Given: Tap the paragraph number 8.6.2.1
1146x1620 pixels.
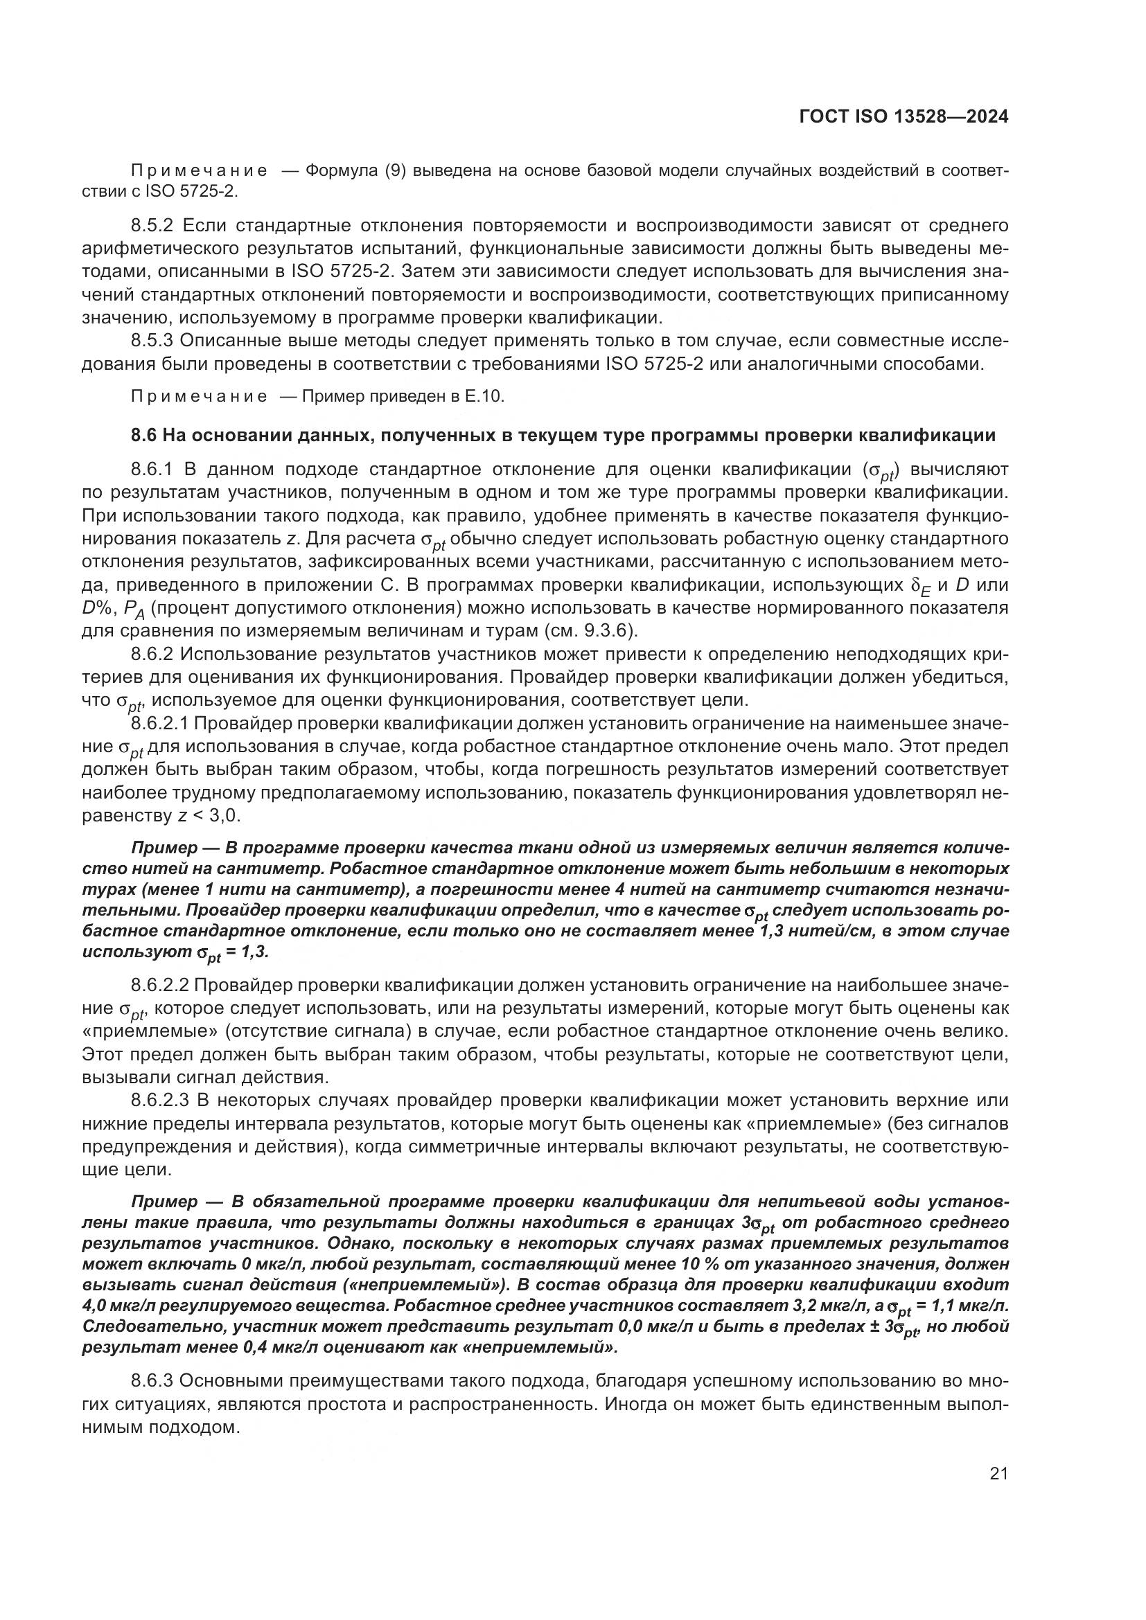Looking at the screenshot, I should (161, 724).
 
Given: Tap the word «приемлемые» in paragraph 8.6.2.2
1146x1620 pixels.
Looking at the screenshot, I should (150, 1031).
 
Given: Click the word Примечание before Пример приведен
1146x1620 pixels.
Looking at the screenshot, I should (200, 397).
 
